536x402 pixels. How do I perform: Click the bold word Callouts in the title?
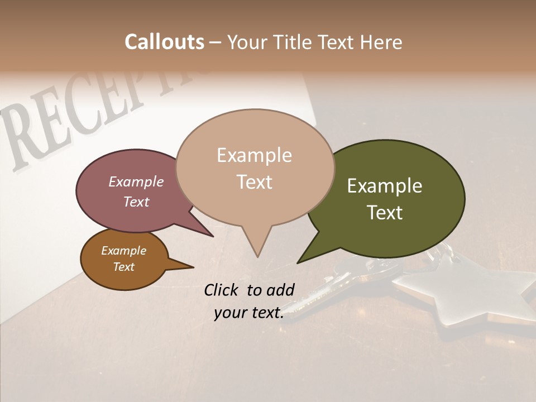[164, 42]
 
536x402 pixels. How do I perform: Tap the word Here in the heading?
[380, 42]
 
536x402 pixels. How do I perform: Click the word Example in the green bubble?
[385, 186]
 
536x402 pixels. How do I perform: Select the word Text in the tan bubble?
[255, 182]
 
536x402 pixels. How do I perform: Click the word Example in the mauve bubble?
[136, 181]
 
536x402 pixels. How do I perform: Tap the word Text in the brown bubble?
[124, 267]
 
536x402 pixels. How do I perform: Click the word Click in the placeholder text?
[222, 290]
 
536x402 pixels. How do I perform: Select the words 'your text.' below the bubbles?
[249, 313]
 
